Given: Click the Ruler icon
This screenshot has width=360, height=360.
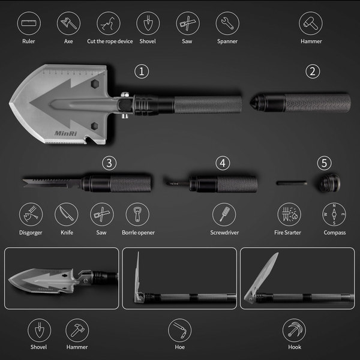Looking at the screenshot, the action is (29, 23).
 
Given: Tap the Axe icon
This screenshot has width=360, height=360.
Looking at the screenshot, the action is (68, 23).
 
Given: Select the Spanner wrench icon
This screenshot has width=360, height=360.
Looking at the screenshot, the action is (227, 23).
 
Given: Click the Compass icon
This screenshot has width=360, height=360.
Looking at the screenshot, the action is (334, 214).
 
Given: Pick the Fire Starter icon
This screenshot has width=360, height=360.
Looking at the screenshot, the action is (289, 214).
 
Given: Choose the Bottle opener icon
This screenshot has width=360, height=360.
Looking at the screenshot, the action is (137, 214).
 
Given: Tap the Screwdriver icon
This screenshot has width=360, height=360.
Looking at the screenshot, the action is (224, 214).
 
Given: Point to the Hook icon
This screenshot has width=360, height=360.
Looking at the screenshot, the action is (294, 330).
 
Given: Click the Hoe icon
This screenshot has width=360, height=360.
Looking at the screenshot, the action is (179, 330).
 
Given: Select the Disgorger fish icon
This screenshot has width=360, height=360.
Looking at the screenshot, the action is (31, 214).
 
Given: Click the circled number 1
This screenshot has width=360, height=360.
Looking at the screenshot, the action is (142, 71).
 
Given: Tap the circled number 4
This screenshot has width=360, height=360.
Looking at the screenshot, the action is (223, 163).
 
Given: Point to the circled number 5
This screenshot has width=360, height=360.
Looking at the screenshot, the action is (324, 163).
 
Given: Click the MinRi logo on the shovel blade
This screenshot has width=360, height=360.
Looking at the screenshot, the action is (65, 133).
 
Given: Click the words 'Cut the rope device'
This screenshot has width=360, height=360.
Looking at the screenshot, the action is (110, 41).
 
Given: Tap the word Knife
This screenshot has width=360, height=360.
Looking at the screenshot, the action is (67, 233).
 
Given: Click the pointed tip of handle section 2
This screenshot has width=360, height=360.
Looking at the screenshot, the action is (250, 102).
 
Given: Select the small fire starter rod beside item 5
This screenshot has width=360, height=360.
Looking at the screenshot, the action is (292, 183).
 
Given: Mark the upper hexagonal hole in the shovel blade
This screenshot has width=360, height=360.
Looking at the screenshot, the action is (95, 84).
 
